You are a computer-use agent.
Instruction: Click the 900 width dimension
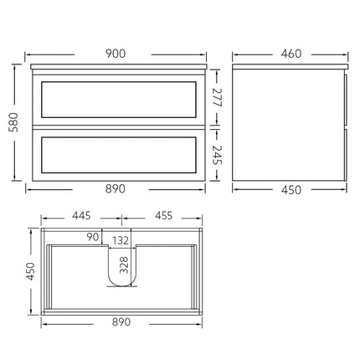coord(116,54)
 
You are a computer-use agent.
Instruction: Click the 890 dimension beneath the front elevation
coord(116,189)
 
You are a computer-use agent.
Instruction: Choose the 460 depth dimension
coord(291,54)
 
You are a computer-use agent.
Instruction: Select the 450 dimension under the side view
coord(291,189)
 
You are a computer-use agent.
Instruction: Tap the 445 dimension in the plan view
coord(82,216)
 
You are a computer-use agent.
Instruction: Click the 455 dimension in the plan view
coord(164,216)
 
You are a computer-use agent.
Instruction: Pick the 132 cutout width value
coord(122,241)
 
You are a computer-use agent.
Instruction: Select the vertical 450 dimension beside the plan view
coord(28,271)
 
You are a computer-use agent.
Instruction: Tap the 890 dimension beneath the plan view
coord(122,322)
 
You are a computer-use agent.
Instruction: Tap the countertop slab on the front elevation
coord(118,65)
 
